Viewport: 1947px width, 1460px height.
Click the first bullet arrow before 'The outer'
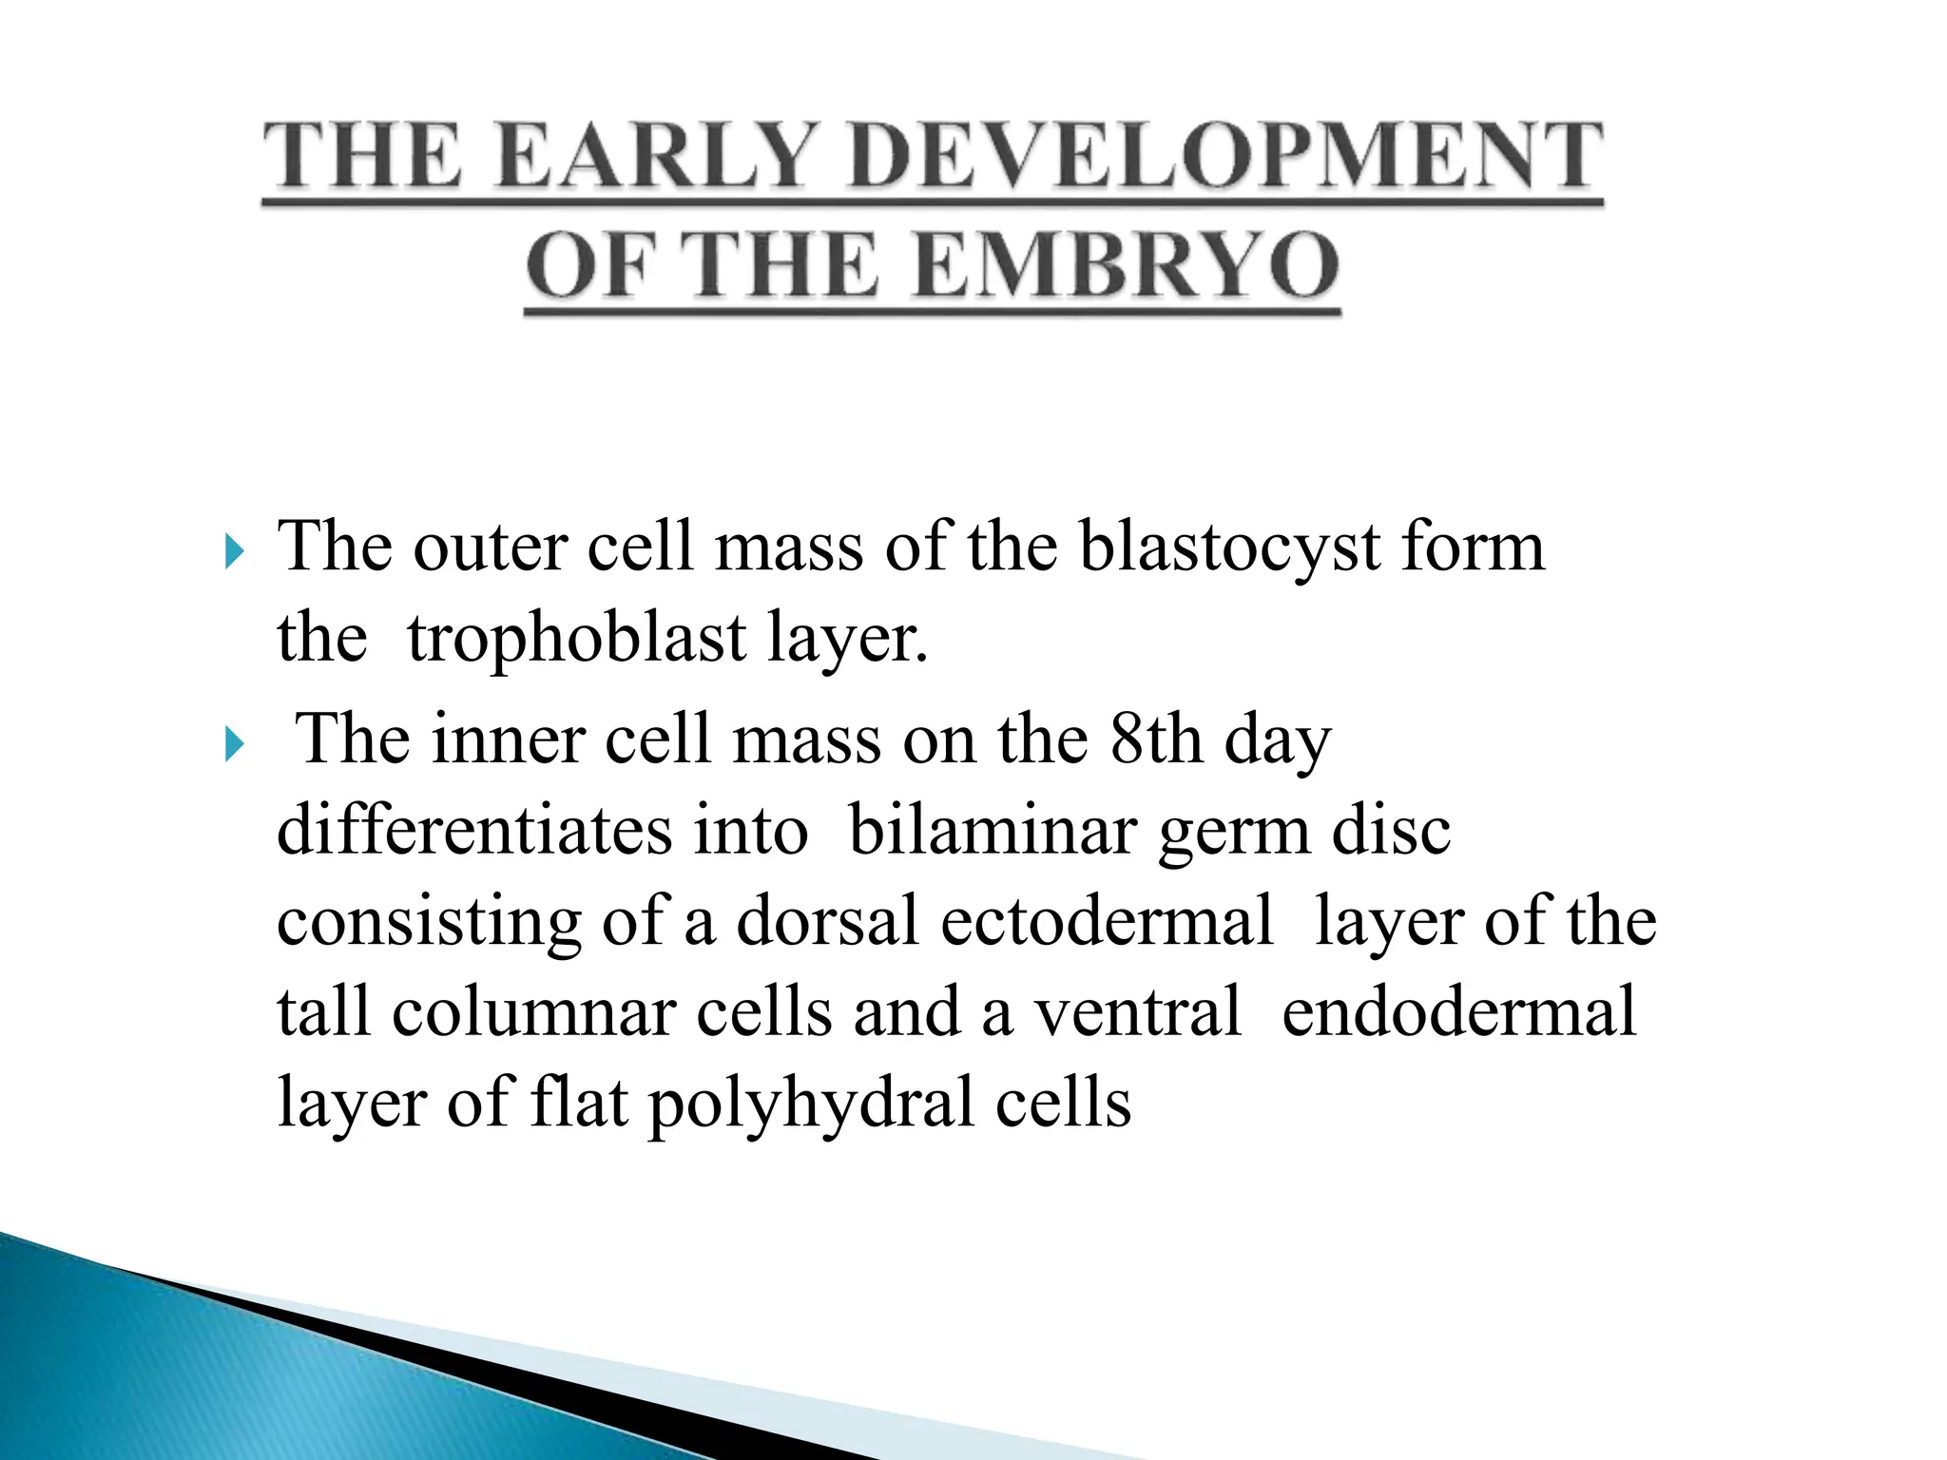[x=234, y=550]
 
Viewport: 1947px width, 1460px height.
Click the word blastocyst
[x=1229, y=548]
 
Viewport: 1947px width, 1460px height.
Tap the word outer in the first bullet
[x=490, y=548]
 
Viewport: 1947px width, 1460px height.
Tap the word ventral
[x=1137, y=1011]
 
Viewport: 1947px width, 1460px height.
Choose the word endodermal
[x=1458, y=1011]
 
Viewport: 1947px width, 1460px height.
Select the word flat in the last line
[x=579, y=1101]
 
